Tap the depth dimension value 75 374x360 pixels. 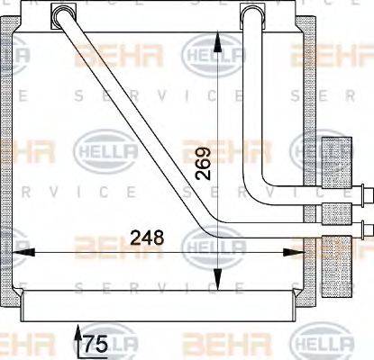(x=95, y=343)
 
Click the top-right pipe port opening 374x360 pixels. (x=255, y=14)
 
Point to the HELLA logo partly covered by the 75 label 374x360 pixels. (x=113, y=343)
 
